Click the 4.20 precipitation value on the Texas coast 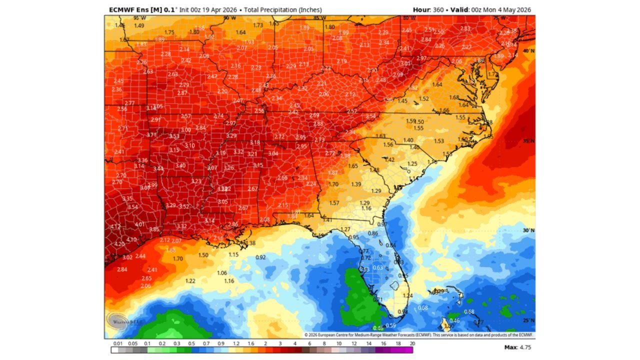(x=119, y=244)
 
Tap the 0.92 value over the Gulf (x=260, y=257)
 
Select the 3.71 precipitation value (x=152, y=135)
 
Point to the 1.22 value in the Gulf (x=190, y=280)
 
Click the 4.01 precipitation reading (x=139, y=224)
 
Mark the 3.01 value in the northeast (x=405, y=63)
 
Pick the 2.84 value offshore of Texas (x=122, y=269)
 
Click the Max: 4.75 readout (x=518, y=347)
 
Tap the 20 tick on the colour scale (x=412, y=344)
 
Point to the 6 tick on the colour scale (x=310, y=344)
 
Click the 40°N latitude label (x=528, y=51)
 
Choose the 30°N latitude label (x=528, y=230)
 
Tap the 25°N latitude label (x=528, y=320)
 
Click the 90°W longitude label (x=229, y=18)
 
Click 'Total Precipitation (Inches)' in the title (x=283, y=10)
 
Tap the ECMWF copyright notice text (x=419, y=335)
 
